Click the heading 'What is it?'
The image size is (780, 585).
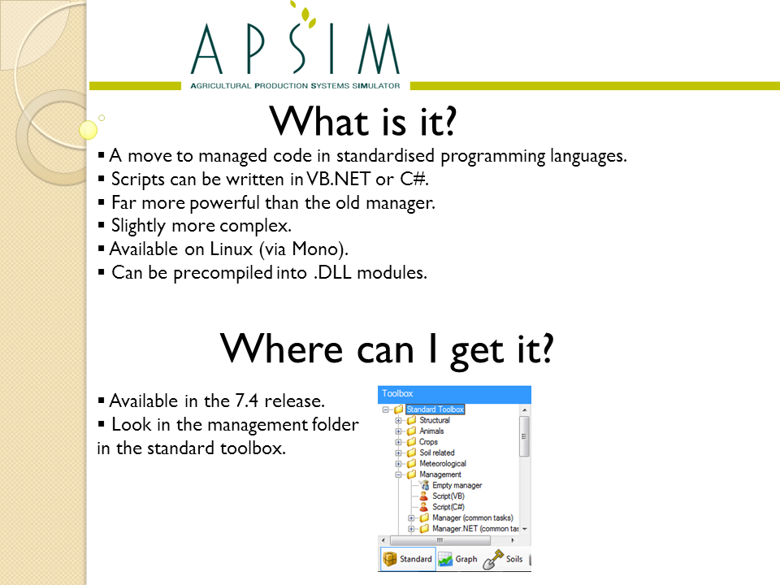362,121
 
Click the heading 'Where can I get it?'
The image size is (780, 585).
387,349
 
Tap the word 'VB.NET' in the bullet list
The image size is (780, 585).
338,179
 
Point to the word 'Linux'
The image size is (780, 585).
231,249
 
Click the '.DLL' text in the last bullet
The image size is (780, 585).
332,273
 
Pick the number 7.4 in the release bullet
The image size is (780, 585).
247,401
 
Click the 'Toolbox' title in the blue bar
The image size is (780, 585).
397,393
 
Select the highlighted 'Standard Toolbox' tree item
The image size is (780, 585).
435,409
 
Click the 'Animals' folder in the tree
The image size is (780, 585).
431,431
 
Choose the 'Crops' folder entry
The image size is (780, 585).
428,442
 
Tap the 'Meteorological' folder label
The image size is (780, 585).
443,464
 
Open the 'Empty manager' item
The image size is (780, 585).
457,485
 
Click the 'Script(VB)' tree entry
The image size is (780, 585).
448,496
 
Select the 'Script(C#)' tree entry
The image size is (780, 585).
448,507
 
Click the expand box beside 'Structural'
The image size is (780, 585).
398,420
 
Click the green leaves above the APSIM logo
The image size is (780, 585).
305,14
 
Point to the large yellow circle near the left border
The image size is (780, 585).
88,130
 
